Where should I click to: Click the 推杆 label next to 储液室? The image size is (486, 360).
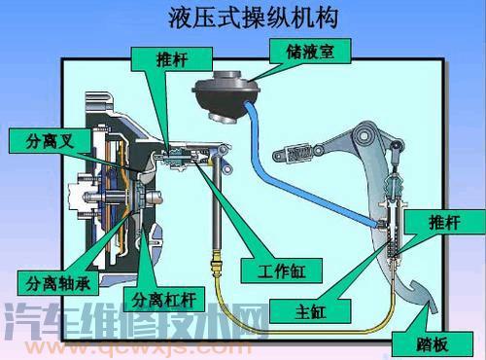[173, 58]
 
